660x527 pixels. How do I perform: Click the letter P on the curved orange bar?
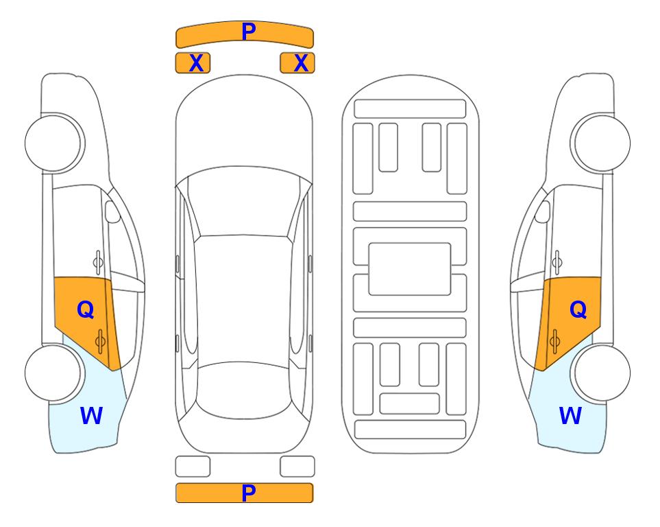(x=249, y=32)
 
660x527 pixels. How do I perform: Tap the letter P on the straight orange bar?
(x=249, y=493)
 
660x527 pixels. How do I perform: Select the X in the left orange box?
(x=196, y=63)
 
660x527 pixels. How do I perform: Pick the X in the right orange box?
(x=301, y=63)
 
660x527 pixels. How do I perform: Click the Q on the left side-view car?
(x=86, y=310)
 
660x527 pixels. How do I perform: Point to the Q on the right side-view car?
(x=578, y=310)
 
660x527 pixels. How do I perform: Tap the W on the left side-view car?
(x=91, y=416)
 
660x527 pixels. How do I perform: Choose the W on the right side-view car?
(x=570, y=416)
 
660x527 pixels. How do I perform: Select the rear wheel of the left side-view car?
(x=53, y=373)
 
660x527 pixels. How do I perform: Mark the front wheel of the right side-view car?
(x=602, y=143)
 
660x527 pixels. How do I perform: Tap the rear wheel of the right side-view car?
(x=602, y=373)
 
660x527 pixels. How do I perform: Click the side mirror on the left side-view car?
(x=112, y=211)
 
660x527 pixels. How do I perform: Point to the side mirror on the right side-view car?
(x=543, y=211)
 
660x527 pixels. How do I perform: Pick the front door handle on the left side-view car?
(x=98, y=262)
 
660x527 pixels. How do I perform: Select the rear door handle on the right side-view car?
(x=554, y=341)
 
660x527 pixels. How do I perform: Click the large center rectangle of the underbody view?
(x=410, y=269)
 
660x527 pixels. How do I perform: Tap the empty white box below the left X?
(x=193, y=467)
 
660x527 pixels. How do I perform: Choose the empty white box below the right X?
(x=297, y=467)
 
